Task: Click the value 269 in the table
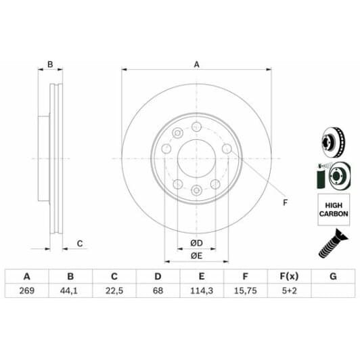pos(27,291)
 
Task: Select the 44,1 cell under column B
pos(70,291)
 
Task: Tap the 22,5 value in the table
pos(114,291)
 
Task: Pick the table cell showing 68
pos(158,291)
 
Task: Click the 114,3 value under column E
pos(202,291)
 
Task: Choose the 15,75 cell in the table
pos(245,291)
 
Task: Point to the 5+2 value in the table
pos(289,291)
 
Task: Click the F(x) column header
pos(289,276)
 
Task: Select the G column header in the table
pos(332,276)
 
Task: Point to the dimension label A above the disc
pos(197,65)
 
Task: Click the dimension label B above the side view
pos(49,65)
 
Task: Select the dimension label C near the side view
pos(79,244)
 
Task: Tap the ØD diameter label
pos(196,243)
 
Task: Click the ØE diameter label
pos(196,255)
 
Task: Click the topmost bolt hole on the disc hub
pos(196,127)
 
